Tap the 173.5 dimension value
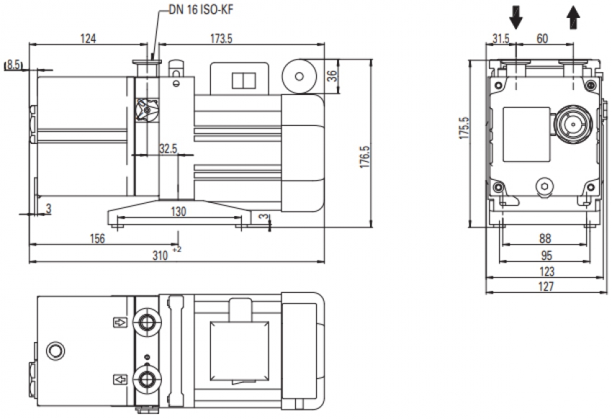pyautogui.click(x=220, y=37)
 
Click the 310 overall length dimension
pyautogui.click(x=161, y=255)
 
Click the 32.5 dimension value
pyautogui.click(x=167, y=148)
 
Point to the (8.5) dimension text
pyautogui.click(x=14, y=66)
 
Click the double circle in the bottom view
pyautogui.click(x=54, y=351)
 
